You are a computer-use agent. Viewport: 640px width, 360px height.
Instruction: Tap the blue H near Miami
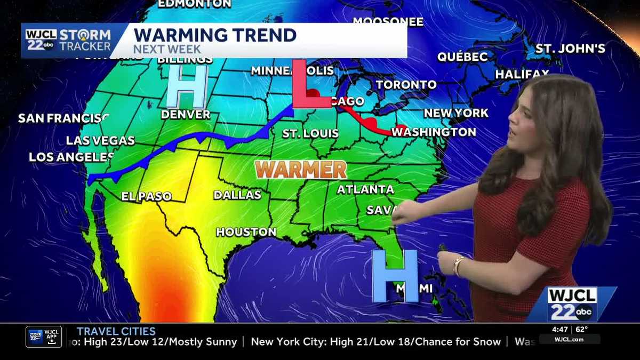pyautogui.click(x=395, y=276)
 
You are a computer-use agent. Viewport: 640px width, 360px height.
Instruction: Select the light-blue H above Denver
pyautogui.click(x=186, y=87)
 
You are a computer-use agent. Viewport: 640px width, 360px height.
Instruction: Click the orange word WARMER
pyautogui.click(x=301, y=170)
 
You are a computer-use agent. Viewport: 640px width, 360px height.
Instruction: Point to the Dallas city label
pyautogui.click(x=237, y=195)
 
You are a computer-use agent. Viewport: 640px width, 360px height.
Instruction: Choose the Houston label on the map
pyautogui.click(x=246, y=232)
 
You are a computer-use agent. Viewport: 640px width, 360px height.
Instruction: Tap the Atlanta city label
pyautogui.click(x=365, y=189)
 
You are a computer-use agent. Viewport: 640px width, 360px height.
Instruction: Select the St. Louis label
pyautogui.click(x=310, y=133)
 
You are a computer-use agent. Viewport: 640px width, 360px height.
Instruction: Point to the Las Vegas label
pyautogui.click(x=100, y=141)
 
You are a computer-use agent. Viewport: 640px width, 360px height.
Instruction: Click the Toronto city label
pyautogui.click(x=406, y=85)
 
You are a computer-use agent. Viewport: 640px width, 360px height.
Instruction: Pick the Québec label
pyautogui.click(x=462, y=57)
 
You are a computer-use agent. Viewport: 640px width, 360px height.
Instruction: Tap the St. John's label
pyautogui.click(x=570, y=49)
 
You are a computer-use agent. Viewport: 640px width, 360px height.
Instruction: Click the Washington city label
pyautogui.click(x=434, y=132)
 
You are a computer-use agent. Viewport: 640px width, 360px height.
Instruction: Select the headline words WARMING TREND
pyautogui.click(x=214, y=35)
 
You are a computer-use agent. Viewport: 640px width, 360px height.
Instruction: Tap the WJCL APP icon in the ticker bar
pyautogui.click(x=44, y=337)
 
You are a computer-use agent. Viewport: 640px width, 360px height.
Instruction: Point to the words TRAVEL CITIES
pyautogui.click(x=116, y=331)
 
